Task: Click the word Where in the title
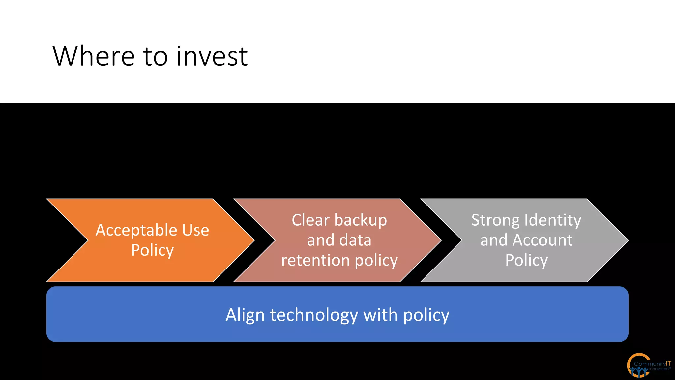94,56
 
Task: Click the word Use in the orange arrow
195,230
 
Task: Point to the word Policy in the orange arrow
152,250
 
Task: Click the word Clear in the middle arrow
310,220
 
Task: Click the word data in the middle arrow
355,240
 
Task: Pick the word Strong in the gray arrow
495,220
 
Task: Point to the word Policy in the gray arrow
526,260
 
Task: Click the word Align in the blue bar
245,315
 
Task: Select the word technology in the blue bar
314,315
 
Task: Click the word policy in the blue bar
426,315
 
